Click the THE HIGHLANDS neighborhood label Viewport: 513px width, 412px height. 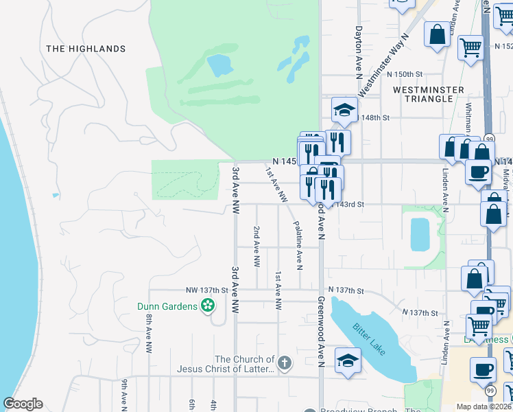click(86, 49)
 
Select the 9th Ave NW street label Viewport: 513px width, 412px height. click(124, 393)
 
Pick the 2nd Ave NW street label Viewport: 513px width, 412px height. click(256, 247)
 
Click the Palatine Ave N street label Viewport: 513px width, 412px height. click(298, 244)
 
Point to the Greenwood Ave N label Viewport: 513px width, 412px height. click(320, 330)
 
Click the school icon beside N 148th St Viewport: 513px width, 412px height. click(345, 110)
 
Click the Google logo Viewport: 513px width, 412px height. click(23, 404)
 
